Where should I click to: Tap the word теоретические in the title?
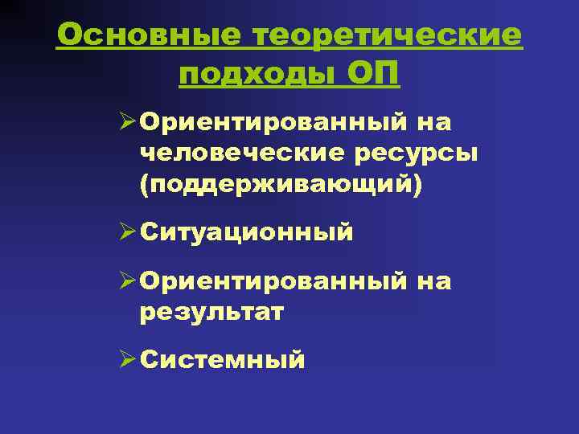388,35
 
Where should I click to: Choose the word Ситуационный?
246,233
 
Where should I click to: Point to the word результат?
211,312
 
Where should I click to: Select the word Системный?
222,360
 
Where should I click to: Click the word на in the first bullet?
433,124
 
